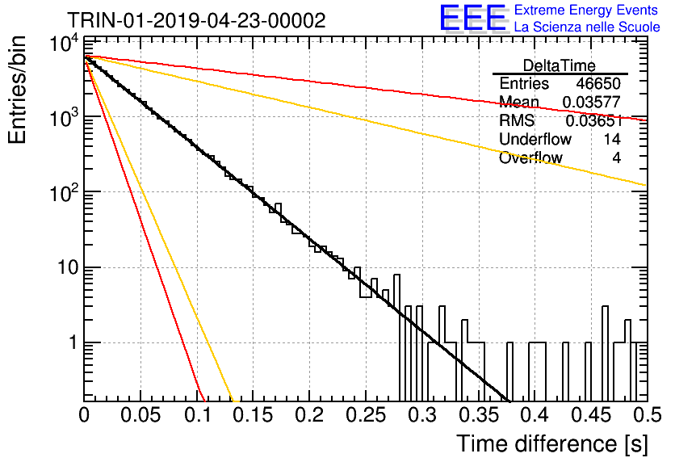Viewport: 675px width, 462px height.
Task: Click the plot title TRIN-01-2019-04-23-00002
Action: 196,20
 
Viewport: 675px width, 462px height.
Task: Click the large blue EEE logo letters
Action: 472,18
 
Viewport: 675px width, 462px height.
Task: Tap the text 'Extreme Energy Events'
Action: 586,10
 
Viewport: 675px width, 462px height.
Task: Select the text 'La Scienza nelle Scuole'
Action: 587,27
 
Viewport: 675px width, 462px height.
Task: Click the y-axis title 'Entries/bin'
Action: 17,90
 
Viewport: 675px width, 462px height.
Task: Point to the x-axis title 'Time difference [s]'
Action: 552,444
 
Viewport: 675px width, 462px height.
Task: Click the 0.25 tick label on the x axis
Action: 366,415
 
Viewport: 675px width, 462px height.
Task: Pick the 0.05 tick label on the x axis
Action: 140,415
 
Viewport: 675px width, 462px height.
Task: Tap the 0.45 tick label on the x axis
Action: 591,415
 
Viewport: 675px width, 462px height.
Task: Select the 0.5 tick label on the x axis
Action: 648,415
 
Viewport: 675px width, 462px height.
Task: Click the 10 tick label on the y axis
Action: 68,268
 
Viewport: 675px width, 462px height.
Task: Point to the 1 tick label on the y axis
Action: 73,343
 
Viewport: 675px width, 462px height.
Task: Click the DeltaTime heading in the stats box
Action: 560,65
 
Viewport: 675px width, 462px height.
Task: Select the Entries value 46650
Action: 598,83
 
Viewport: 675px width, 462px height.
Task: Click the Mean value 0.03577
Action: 592,102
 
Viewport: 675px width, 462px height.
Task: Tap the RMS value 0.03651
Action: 593,121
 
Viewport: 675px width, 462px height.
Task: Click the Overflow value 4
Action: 616,158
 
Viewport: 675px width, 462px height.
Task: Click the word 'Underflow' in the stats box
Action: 535,139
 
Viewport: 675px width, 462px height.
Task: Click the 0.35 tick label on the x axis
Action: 478,415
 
